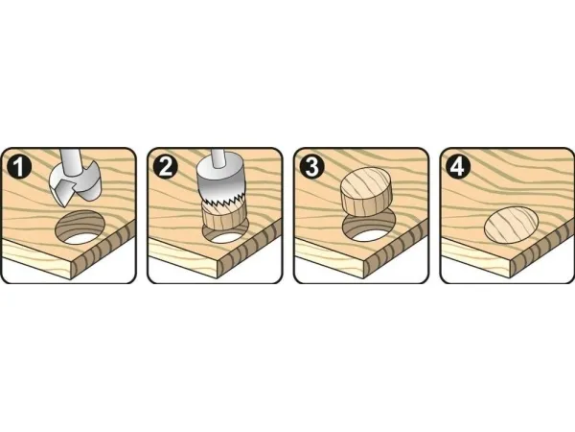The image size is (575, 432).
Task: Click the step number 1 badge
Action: (x=19, y=166)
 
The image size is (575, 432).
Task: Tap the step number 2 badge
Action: (x=166, y=166)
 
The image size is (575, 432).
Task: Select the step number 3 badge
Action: (x=311, y=166)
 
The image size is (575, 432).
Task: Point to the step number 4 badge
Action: (x=458, y=166)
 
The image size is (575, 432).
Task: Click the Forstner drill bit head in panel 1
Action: (x=75, y=185)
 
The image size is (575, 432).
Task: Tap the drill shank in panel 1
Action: (x=69, y=162)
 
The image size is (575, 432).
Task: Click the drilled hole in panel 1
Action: (x=80, y=227)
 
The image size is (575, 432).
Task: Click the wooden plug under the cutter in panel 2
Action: (x=223, y=218)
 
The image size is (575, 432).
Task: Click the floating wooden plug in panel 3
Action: (x=366, y=191)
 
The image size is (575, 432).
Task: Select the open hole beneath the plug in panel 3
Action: (x=369, y=228)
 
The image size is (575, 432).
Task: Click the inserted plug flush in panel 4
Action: (x=512, y=225)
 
